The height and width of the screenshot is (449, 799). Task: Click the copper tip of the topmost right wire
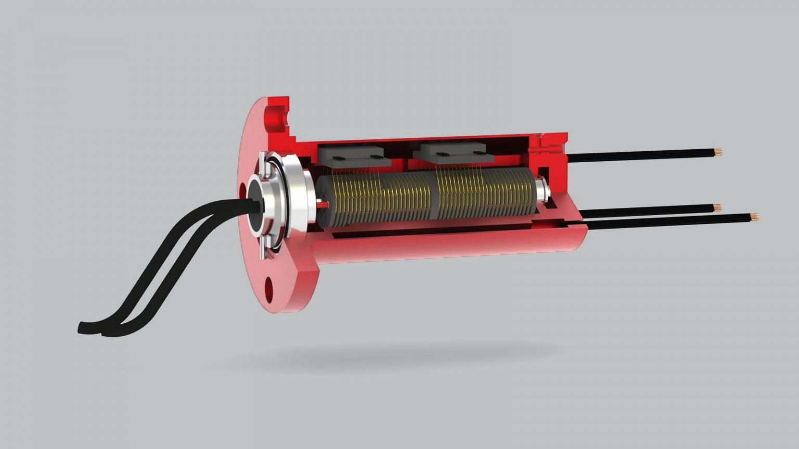718,152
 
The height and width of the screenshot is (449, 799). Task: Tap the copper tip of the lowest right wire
754,216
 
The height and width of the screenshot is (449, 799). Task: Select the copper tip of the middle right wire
717,207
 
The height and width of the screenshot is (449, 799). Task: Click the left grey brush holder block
354,155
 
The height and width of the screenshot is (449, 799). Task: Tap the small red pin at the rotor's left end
323,205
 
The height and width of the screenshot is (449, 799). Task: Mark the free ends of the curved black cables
94,328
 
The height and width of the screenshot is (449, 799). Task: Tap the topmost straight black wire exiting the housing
640,155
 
